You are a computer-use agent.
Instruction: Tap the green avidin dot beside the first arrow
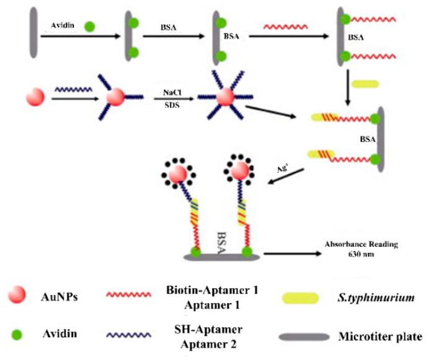90,27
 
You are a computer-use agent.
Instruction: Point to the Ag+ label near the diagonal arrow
282,167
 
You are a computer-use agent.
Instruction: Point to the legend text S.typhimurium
381,297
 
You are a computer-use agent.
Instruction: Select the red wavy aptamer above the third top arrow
284,27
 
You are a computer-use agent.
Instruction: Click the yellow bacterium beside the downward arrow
366,82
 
